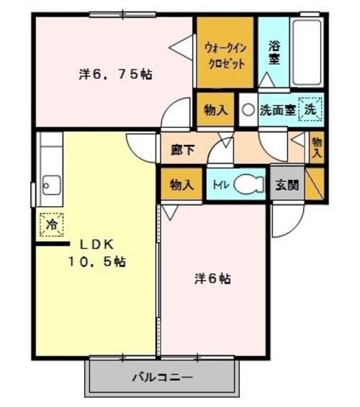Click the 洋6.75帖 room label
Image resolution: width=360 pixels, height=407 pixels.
[x=115, y=74]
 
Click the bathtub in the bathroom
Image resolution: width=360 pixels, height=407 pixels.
[x=307, y=52]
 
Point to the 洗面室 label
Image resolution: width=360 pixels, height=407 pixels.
[x=277, y=109]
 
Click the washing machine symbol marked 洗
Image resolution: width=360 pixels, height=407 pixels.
[x=310, y=109]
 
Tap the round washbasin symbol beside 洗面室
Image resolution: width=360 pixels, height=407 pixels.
[x=248, y=109]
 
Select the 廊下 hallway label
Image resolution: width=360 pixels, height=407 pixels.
[x=183, y=151]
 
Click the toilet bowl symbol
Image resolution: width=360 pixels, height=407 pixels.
[x=247, y=184]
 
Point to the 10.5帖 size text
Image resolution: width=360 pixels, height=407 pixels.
[x=97, y=262]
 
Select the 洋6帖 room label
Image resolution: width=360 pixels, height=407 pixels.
[x=212, y=278]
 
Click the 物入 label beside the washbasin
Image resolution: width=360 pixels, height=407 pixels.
[x=215, y=109]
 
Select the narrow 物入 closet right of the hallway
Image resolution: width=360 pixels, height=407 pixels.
[x=317, y=148]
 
